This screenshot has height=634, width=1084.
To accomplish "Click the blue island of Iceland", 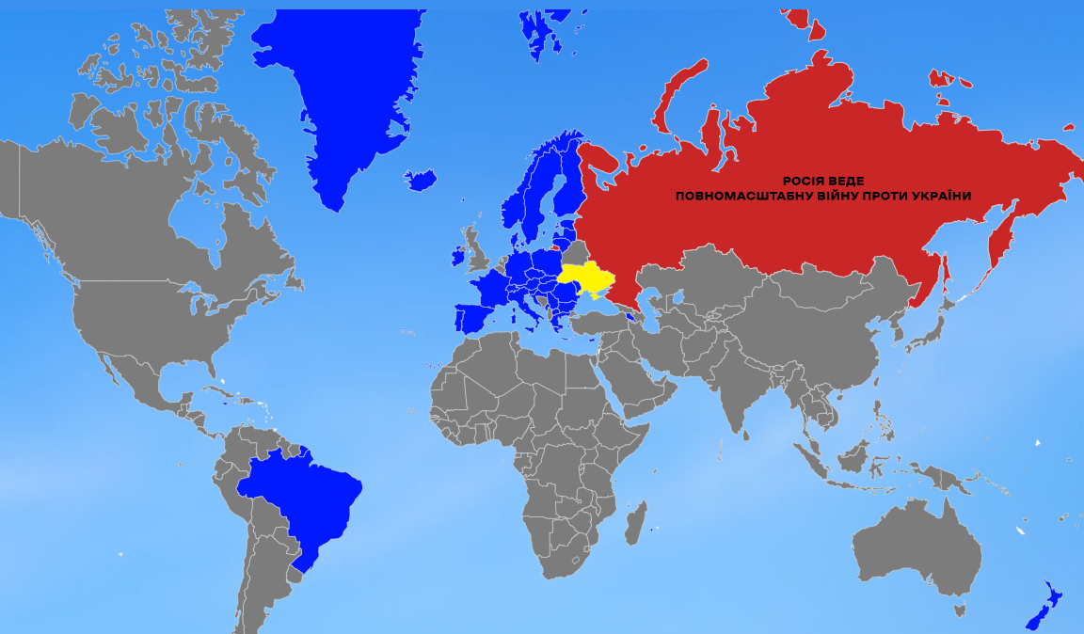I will (421, 179).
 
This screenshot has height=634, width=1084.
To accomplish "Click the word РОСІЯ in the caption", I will (805, 181).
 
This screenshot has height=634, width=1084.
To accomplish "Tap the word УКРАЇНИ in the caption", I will (937, 196).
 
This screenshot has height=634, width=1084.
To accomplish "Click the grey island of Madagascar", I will (635, 522).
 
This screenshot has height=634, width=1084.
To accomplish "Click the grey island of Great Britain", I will (478, 252).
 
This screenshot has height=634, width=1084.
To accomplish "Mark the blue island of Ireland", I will (458, 256).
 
